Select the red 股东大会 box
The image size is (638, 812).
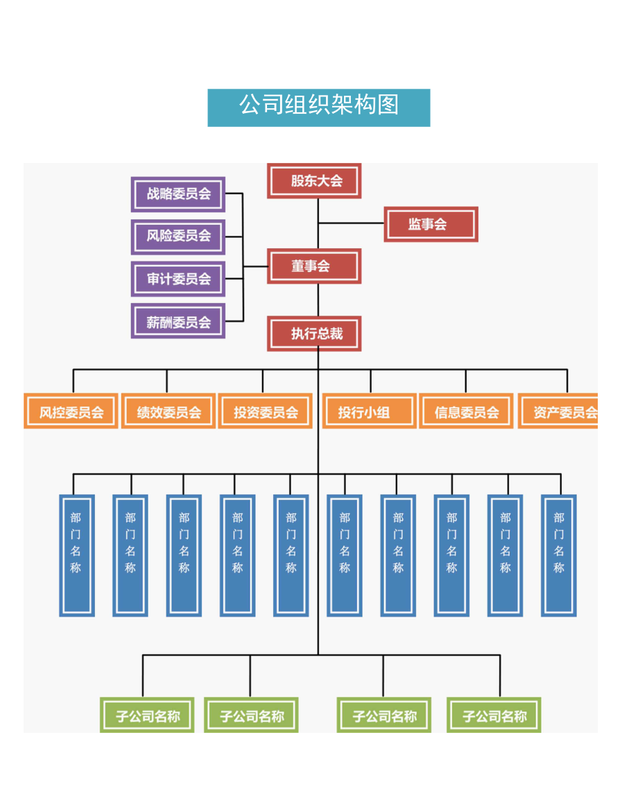tap(314, 181)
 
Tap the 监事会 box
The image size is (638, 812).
tap(431, 224)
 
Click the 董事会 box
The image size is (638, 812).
tap(314, 267)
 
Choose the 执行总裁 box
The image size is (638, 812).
tap(314, 334)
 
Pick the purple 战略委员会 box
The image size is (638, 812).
tap(178, 194)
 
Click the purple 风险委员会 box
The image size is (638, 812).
tap(178, 236)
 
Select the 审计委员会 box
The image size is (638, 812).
tap(178, 279)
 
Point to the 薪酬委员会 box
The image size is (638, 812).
tap(178, 322)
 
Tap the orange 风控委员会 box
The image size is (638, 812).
tap(71, 412)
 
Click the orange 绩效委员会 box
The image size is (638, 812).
tap(169, 412)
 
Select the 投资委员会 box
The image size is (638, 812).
tap(265, 412)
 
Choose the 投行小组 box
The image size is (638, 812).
tap(369, 412)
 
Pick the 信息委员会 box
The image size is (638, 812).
tap(466, 412)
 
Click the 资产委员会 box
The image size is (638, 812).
tap(559, 412)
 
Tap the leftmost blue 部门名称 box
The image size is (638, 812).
tap(76, 555)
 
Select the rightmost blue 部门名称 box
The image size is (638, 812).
tap(558, 555)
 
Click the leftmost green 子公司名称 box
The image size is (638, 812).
tap(147, 715)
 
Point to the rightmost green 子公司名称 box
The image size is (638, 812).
tap(494, 715)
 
